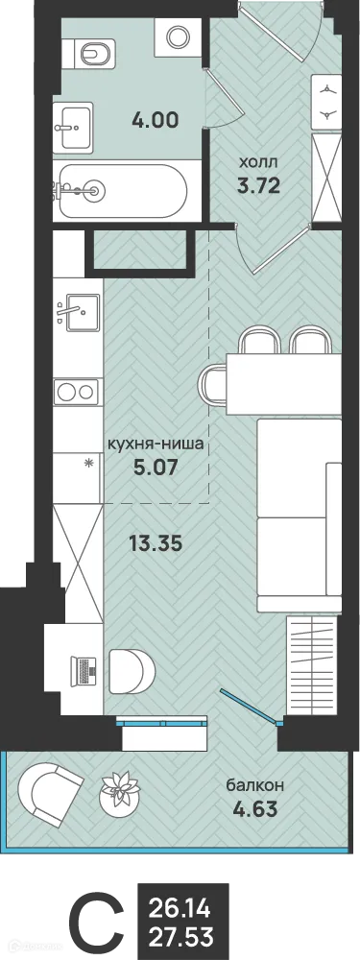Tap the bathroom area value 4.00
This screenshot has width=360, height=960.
point(155,122)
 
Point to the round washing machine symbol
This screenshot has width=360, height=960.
point(178,37)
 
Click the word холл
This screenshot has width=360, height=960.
point(258,163)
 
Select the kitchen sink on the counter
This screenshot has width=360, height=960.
point(77,312)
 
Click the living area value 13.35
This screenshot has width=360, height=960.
point(156,542)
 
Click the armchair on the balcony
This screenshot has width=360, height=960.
point(52,790)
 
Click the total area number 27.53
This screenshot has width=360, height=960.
point(180,936)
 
